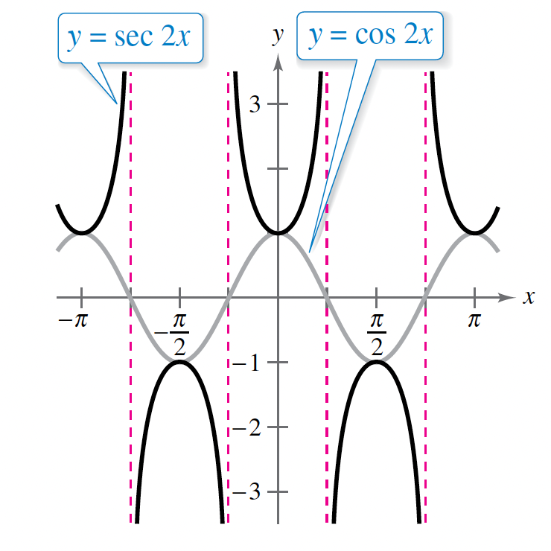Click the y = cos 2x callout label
tap(370, 35)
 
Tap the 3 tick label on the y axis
tap(255, 104)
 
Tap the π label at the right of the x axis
tap(474, 321)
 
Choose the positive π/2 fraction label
tap(376, 332)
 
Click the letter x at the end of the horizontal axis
tap(529, 297)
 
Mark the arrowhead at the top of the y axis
tap(278, 61)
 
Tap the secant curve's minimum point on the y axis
tap(278, 233)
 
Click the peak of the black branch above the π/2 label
tap(376, 362)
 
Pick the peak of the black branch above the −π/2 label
tap(179, 362)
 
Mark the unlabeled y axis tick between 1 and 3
tap(278, 169)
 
